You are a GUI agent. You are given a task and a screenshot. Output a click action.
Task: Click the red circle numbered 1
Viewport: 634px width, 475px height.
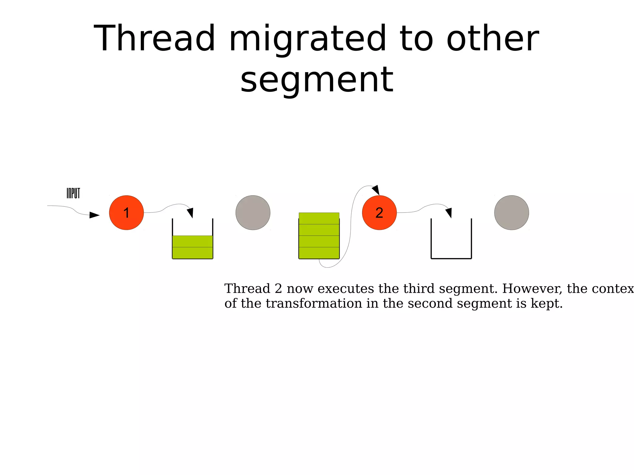point(126,213)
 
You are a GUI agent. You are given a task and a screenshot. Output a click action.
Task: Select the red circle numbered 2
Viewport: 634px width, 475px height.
point(379,213)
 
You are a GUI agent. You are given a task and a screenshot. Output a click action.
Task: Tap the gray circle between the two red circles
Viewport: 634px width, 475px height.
point(253,213)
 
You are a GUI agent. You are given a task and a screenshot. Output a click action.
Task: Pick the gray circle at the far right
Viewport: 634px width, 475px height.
point(511,213)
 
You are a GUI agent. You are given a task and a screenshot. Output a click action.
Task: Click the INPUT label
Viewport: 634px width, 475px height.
point(73,193)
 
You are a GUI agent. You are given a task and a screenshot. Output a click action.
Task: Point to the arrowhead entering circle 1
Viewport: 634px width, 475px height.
point(94,215)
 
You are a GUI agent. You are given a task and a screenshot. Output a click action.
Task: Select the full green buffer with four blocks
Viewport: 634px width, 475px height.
point(319,236)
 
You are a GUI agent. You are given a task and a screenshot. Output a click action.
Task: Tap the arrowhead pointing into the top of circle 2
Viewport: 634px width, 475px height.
point(376,190)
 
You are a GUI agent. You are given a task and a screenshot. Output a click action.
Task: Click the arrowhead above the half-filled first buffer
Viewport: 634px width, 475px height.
point(190,213)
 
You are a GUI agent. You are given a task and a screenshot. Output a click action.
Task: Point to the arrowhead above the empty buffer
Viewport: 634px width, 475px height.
point(449,213)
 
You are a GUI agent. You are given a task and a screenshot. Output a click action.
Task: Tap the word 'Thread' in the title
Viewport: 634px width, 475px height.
point(154,39)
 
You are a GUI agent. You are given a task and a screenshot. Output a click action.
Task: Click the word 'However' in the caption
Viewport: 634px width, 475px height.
point(532,288)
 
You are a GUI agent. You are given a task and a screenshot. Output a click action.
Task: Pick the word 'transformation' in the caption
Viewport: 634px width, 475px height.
point(314,303)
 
